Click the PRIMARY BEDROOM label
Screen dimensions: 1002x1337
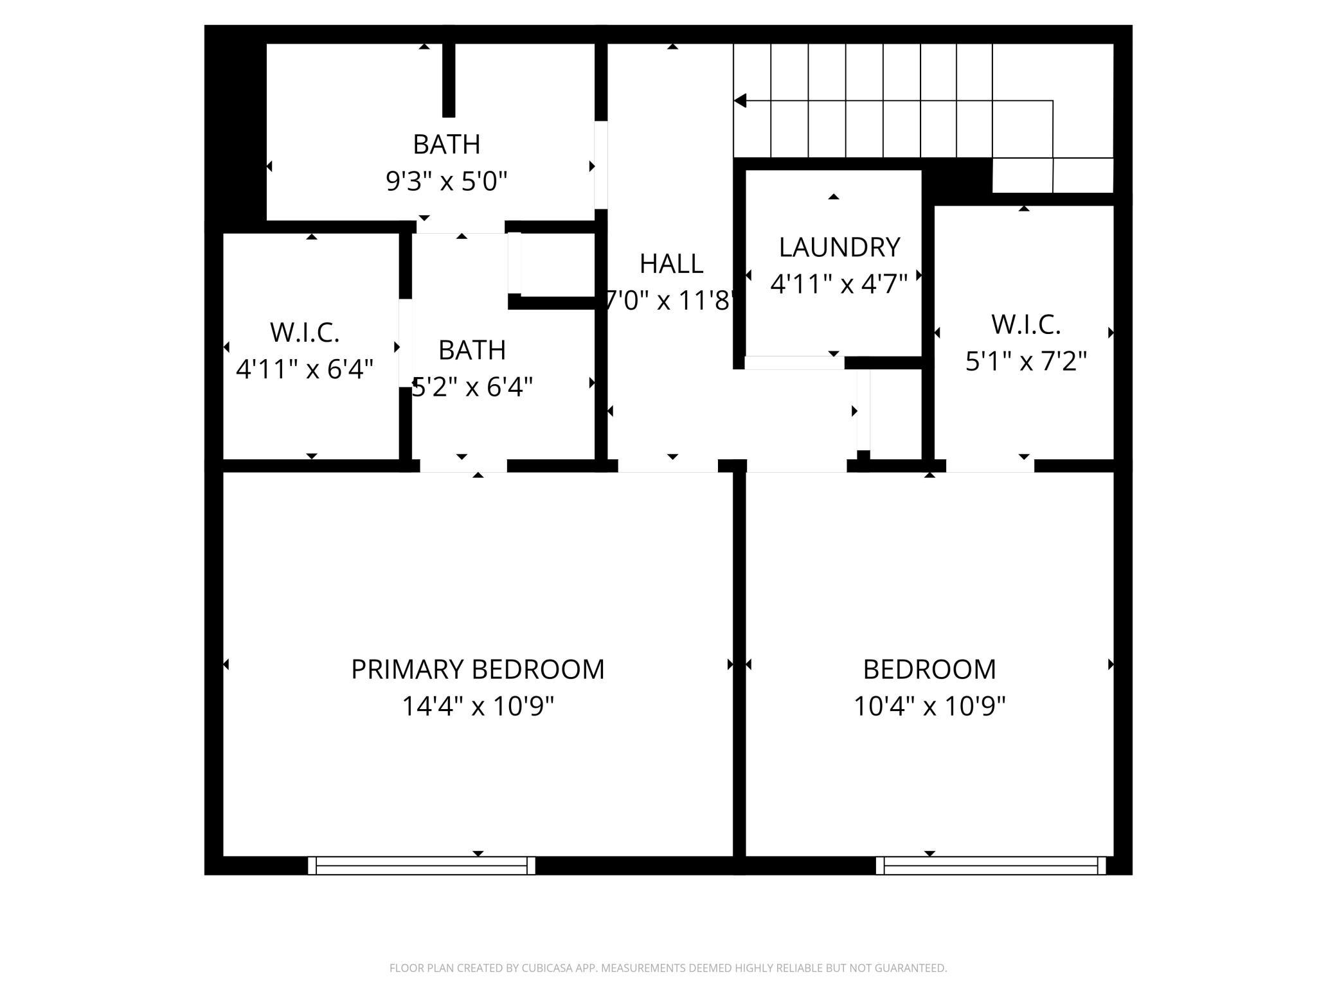[478, 669]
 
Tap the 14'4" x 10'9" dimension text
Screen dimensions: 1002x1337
[478, 707]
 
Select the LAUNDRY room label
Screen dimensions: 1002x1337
[839, 247]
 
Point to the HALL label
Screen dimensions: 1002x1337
[671, 264]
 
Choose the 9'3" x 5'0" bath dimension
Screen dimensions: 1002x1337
[447, 182]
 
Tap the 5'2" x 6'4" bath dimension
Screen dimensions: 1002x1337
[472, 387]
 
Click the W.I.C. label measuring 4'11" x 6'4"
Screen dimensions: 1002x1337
[304, 333]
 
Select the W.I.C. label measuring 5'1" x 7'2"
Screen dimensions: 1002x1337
[1026, 325]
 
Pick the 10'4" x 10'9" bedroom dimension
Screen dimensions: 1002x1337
[929, 707]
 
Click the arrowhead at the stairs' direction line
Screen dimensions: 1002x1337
[740, 101]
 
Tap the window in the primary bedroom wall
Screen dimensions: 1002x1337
[422, 865]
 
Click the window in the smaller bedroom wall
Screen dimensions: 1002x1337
[991, 865]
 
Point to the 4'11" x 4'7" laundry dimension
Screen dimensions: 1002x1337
[839, 284]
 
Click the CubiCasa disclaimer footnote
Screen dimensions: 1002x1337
[668, 968]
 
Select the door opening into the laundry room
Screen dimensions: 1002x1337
[794, 363]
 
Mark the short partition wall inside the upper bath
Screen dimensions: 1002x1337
[449, 80]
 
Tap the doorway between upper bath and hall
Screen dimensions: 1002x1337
[601, 165]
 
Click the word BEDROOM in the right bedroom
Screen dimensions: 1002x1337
[929, 669]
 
